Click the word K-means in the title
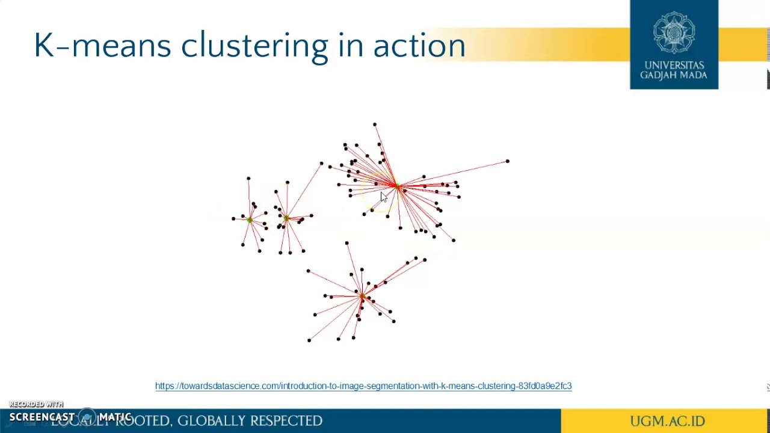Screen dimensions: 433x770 (102, 46)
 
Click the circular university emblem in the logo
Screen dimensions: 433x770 (674, 32)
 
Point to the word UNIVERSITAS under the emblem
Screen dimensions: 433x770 (674, 65)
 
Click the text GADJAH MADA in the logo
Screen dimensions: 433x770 (674, 75)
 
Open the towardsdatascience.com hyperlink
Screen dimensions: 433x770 (363, 386)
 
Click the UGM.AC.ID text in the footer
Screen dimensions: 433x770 (667, 421)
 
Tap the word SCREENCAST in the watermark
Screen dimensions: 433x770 (42, 417)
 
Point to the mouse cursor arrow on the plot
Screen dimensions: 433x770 (383, 197)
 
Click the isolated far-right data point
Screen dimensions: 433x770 (508, 161)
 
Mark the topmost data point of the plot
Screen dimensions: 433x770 (375, 124)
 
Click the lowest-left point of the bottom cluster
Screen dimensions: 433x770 (309, 340)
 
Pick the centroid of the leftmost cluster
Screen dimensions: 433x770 (250, 220)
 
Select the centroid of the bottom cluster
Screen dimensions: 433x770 (362, 295)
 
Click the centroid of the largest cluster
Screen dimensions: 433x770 (397, 187)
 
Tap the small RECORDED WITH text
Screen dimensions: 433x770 (36, 404)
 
